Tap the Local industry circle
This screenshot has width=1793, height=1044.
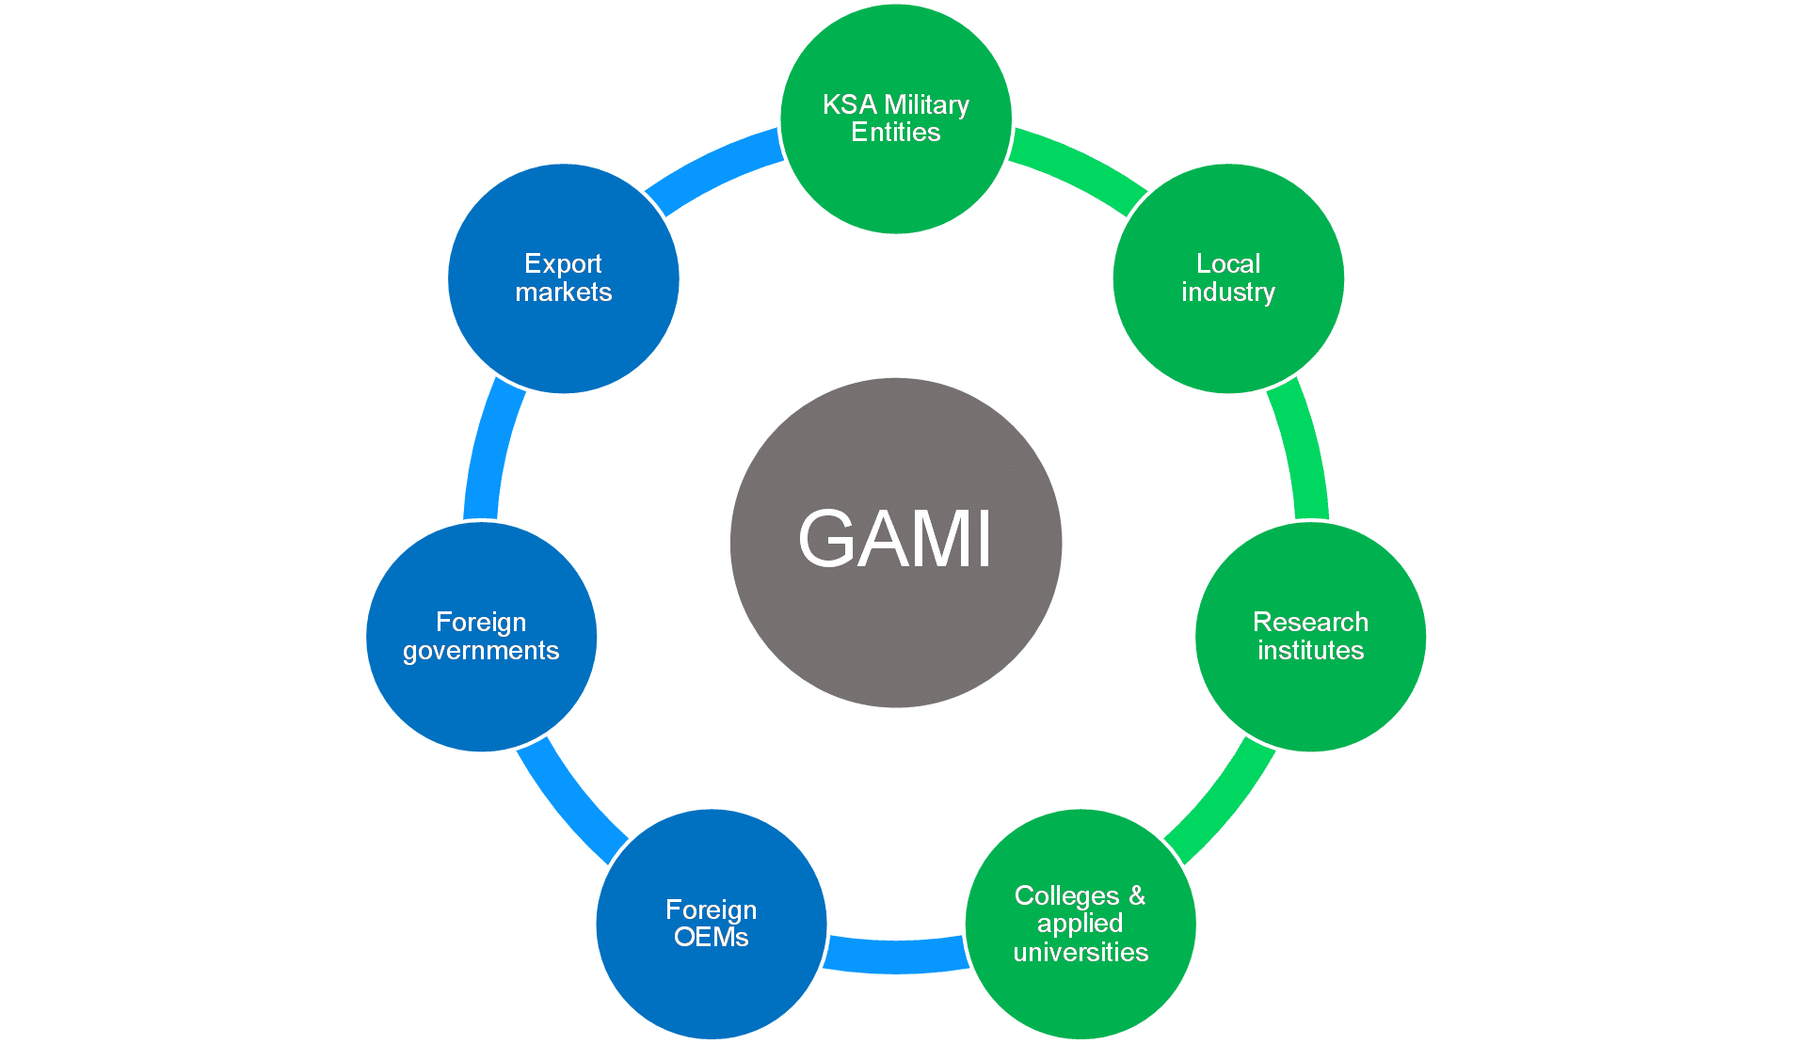1228,339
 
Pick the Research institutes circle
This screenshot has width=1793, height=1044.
1310,696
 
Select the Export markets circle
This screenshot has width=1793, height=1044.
564,339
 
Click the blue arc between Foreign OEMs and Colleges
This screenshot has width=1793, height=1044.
896,955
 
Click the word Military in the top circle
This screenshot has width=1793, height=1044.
926,104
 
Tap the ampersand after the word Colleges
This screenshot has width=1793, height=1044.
1137,895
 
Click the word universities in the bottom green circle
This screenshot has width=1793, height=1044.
1081,952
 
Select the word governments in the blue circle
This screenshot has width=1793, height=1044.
481,651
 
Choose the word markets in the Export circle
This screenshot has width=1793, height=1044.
564,293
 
